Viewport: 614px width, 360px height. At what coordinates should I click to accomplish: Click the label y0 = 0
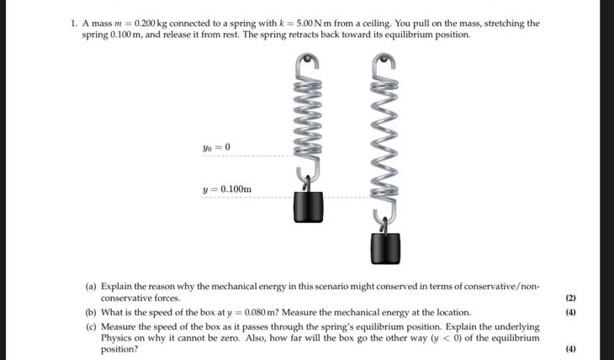tap(216, 147)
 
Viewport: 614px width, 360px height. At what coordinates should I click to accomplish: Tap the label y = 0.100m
tap(227, 189)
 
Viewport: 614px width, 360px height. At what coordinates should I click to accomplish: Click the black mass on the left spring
tap(308, 207)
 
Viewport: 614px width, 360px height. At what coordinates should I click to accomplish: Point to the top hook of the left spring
tap(308, 60)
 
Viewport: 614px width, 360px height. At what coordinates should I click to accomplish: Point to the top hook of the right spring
tap(384, 61)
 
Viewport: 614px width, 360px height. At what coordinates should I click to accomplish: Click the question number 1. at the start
tap(74, 24)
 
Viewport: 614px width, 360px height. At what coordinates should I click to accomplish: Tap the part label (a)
tap(91, 287)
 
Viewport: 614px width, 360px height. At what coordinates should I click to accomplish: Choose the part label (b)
tap(91, 312)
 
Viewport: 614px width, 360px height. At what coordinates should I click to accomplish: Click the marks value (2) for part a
tap(570, 299)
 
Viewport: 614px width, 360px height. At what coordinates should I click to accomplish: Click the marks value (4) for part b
tap(570, 312)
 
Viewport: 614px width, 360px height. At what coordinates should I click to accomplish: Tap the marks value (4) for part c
tap(570, 349)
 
